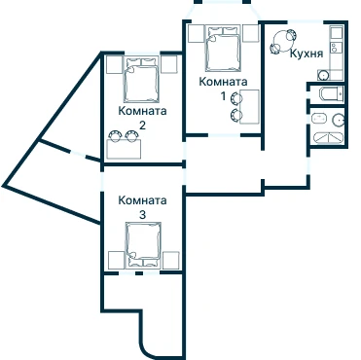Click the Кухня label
point(307,54)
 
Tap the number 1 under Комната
point(223,96)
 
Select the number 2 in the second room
point(142,126)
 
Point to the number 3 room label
point(142,215)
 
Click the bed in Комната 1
point(223,49)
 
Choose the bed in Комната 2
point(142,80)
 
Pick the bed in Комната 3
point(143,244)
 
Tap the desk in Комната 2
point(124,149)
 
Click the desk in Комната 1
point(249,107)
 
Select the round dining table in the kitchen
point(282,41)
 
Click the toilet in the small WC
point(332,94)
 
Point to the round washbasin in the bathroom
point(339,121)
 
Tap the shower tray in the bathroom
point(328,138)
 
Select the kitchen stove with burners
point(337,49)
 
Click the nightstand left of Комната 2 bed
point(114,64)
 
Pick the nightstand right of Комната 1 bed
point(251,33)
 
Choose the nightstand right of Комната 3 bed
point(171,260)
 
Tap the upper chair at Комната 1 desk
point(235,97)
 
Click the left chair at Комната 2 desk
point(115,135)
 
